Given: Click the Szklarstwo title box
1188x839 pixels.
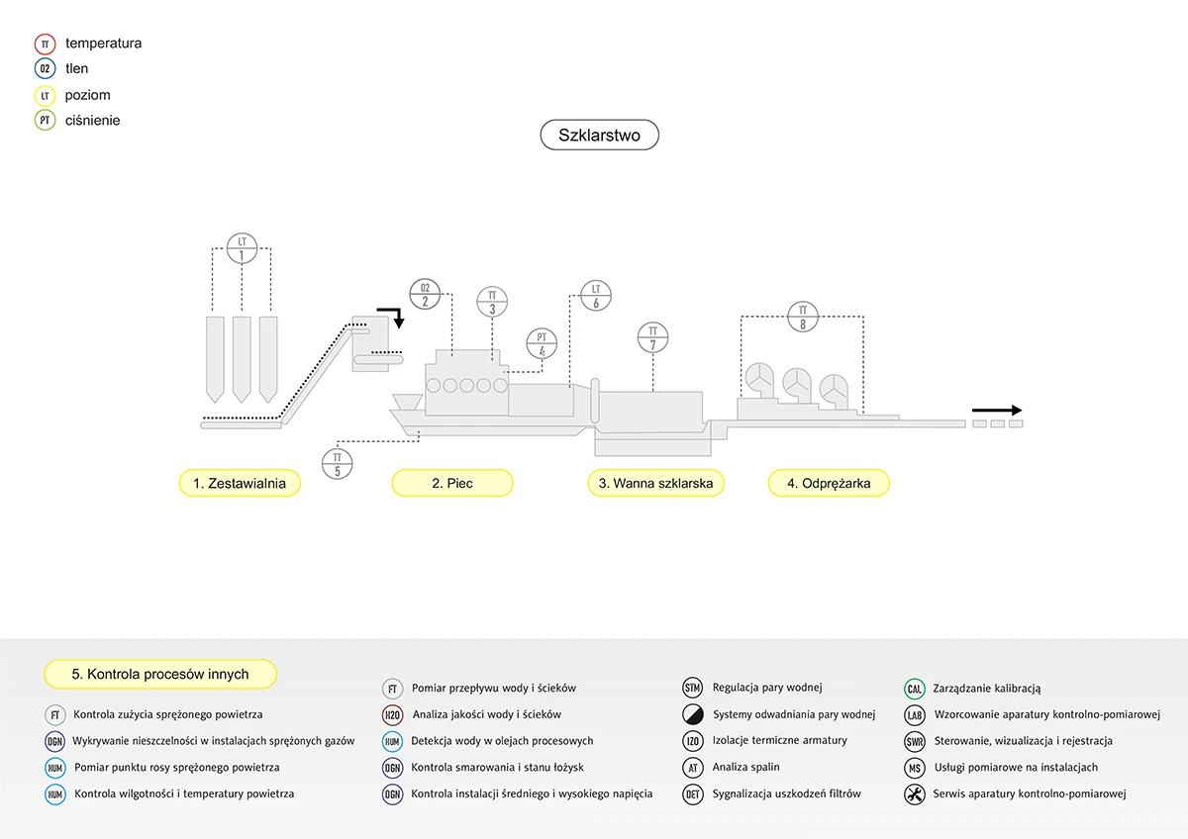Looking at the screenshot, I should [599, 136].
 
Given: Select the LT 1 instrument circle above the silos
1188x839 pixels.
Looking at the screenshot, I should [243, 247].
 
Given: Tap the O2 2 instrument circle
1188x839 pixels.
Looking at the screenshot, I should [425, 294].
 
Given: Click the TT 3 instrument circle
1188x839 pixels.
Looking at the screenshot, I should [492, 301].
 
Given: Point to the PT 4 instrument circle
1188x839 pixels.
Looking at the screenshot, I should [542, 343].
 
